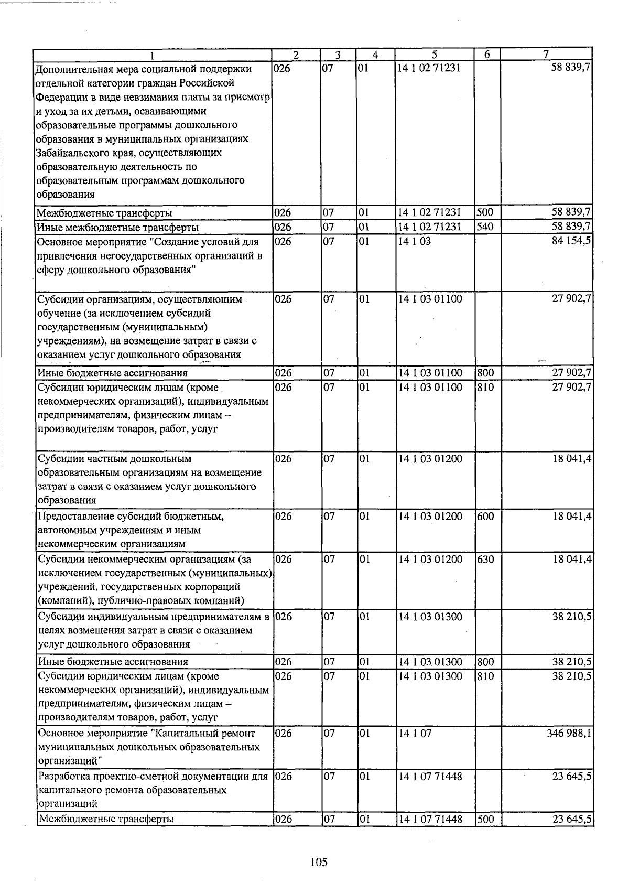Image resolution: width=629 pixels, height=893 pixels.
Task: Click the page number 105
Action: (x=318, y=862)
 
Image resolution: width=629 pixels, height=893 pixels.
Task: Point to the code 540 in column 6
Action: (x=485, y=227)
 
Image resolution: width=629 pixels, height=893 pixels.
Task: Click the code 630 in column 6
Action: (x=486, y=559)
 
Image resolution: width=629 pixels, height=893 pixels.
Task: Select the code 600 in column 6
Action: (x=486, y=516)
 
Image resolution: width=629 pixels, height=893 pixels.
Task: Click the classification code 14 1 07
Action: (x=415, y=733)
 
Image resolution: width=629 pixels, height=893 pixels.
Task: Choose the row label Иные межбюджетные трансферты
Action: (x=117, y=227)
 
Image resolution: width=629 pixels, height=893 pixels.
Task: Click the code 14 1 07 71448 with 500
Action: (x=430, y=819)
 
